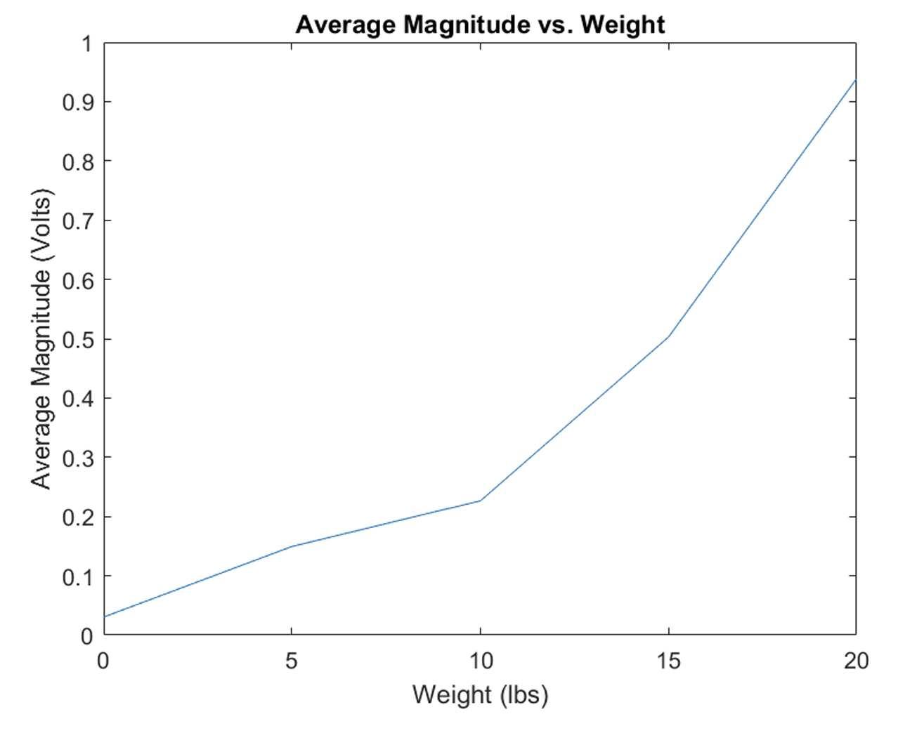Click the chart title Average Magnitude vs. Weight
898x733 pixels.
click(480, 25)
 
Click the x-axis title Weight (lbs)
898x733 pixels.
click(480, 694)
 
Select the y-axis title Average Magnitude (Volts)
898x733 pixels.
click(41, 339)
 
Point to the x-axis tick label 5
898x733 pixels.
click(292, 661)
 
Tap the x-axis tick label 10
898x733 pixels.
click(480, 661)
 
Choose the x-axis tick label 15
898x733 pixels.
click(668, 661)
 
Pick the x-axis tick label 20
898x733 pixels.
click(856, 661)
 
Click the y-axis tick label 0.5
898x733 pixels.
click(77, 340)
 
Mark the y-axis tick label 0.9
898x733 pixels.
click(77, 103)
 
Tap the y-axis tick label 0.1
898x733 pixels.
click(77, 577)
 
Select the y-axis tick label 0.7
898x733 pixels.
click(77, 221)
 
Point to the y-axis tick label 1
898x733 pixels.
click(86, 44)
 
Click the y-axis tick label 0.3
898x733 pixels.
click(77, 458)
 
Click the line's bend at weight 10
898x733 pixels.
click(480, 501)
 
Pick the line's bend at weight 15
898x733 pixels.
click(668, 336)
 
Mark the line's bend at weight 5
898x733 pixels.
click(292, 546)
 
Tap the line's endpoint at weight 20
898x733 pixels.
click(855, 80)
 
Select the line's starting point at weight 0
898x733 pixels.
click(105, 616)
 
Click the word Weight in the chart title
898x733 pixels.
click(623, 25)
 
